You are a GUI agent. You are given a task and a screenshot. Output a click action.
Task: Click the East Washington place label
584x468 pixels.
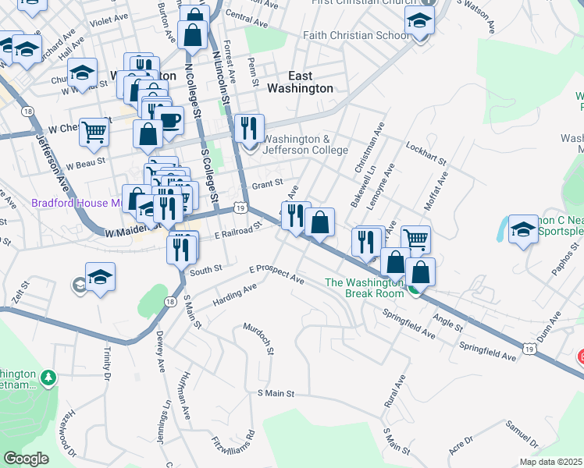[300, 82]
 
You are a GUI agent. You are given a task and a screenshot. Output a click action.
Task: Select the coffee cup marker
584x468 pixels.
[169, 119]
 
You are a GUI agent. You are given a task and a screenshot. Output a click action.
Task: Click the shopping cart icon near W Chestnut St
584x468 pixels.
[94, 132]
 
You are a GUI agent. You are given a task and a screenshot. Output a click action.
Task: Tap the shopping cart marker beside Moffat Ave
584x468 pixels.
[416, 239]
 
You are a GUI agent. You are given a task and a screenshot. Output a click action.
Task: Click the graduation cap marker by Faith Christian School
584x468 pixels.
[419, 24]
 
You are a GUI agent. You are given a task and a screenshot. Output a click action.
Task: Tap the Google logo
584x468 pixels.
[26, 459]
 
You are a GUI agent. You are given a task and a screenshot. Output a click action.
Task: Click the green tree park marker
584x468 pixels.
[48, 378]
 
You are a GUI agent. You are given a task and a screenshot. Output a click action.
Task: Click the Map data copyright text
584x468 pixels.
[550, 462]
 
